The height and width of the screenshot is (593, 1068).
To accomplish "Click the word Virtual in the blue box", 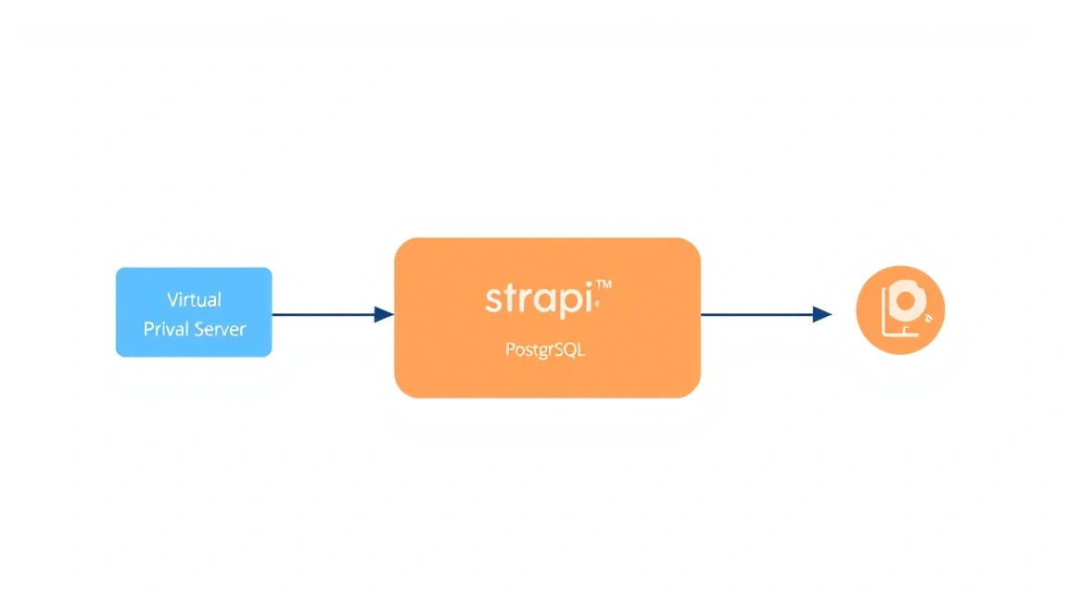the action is [x=194, y=299].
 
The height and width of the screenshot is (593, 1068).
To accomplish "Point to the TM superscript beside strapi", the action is [x=604, y=285].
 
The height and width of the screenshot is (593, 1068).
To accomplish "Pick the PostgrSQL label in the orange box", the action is [x=545, y=350].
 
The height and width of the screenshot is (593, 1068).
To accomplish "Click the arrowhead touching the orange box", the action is [x=384, y=314].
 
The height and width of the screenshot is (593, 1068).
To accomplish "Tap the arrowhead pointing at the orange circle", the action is [x=822, y=314].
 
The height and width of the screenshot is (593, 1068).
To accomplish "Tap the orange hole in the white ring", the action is [x=906, y=299].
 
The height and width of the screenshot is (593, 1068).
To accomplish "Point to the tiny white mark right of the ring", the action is [x=929, y=317].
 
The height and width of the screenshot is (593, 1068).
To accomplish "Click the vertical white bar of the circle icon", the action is [x=884, y=309].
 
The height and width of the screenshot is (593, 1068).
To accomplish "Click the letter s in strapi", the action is [x=493, y=300].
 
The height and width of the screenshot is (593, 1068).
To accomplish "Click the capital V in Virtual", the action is [x=173, y=299].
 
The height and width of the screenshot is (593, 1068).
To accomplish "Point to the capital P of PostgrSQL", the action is [x=510, y=350].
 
